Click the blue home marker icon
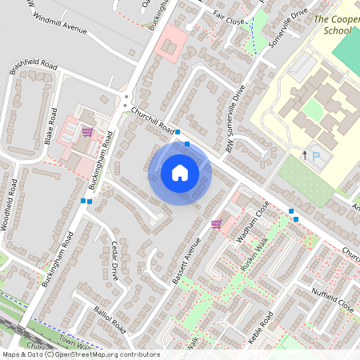click(x=180, y=173)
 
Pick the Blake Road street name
click(x=52, y=126)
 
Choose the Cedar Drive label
click(x=117, y=260)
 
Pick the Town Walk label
click(x=77, y=342)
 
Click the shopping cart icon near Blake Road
click(x=86, y=132)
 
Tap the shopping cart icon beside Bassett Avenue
click(x=216, y=224)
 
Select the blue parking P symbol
click(x=316, y=154)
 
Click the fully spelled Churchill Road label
click(x=154, y=120)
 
